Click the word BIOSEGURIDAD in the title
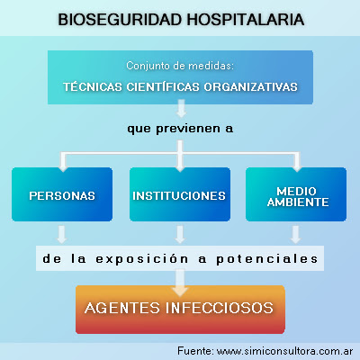pos(120,20)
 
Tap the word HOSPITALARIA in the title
pos(246,20)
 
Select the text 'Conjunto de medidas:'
pos(180,66)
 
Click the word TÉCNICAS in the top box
pos(93,86)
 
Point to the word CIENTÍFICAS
pos(163,86)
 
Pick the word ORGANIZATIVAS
pos(251,86)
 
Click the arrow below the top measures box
pos(181,108)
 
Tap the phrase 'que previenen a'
pos(180,129)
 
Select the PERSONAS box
pos(62,194)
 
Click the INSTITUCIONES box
pos(180,194)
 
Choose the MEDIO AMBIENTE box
pos(296,194)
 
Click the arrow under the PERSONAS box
pos(62,235)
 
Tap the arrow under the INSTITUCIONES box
pos(180,235)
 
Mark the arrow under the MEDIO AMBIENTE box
pos(296,235)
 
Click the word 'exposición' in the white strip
pos(142,259)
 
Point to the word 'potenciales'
pos(267,259)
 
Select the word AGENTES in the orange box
pos(122,308)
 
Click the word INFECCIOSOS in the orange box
pos(220,308)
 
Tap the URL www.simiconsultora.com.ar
pos(284,351)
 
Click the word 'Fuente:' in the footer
pos(195,350)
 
